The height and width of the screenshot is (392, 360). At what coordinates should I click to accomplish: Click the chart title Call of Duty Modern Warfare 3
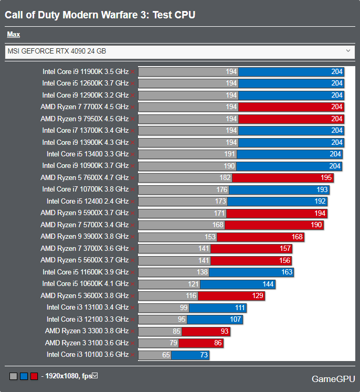(100, 15)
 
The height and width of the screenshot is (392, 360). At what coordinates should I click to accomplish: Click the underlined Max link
(14, 35)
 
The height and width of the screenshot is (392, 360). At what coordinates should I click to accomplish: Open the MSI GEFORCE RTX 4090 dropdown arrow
(348, 51)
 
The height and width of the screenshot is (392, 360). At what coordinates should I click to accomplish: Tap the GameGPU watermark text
(333, 378)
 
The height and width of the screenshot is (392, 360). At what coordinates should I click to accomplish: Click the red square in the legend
(34, 376)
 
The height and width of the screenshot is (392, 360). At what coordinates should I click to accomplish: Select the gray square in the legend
(13, 376)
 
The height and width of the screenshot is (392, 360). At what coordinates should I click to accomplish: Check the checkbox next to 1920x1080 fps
(95, 376)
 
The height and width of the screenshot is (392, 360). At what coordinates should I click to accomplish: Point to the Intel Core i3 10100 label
(88, 355)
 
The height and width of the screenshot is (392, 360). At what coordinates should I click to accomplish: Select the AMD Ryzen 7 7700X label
(84, 107)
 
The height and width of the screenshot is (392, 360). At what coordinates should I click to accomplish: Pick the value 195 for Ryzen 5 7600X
(326, 178)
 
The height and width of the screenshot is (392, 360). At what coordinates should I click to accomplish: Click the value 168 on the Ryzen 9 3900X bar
(297, 237)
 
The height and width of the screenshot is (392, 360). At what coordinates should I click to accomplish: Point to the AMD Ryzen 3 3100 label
(87, 343)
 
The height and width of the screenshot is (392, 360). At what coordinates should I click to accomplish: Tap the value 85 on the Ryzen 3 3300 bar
(176, 331)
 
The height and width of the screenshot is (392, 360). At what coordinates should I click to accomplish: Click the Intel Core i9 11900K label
(86, 71)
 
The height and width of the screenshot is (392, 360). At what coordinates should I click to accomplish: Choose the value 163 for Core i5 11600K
(287, 272)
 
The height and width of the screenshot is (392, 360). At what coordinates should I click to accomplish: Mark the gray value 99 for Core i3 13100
(183, 308)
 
